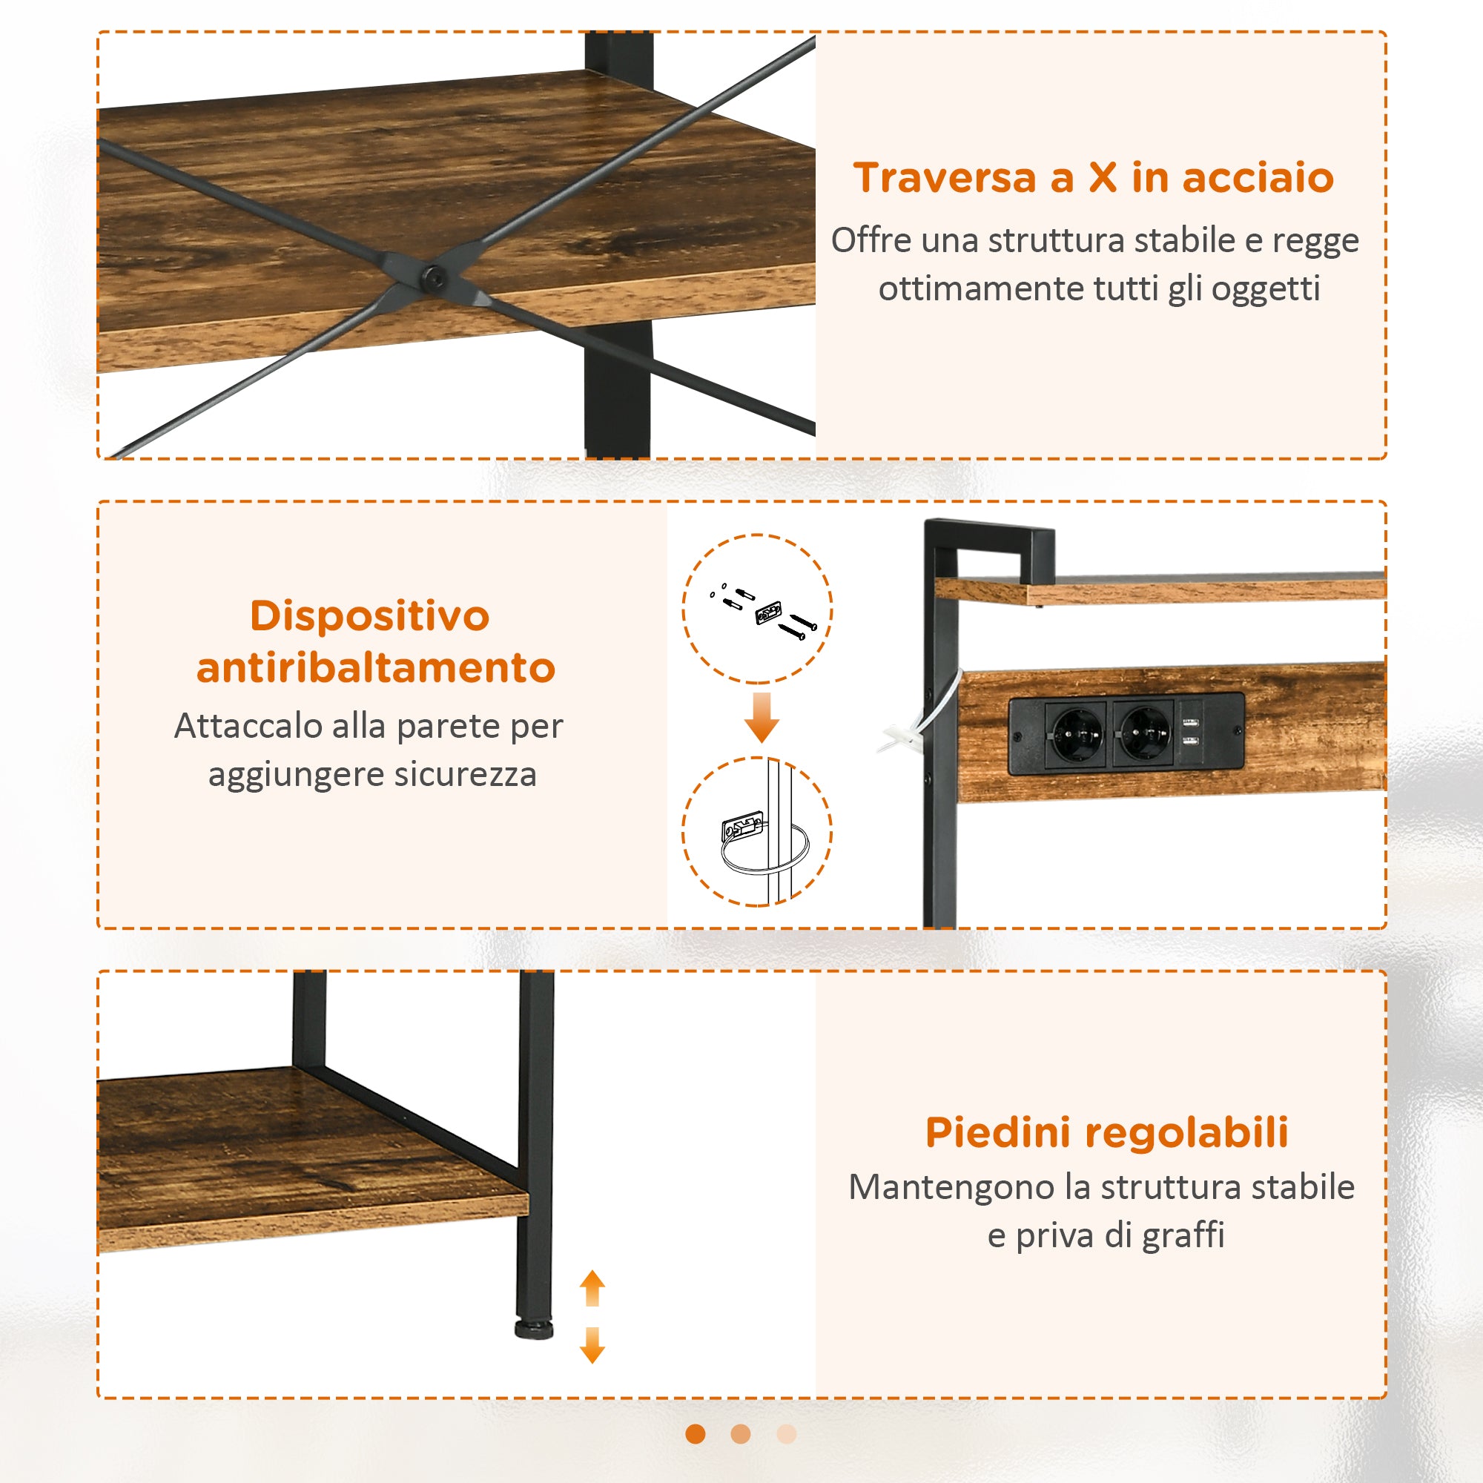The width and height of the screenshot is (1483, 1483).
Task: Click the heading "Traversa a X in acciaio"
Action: [x=1093, y=177]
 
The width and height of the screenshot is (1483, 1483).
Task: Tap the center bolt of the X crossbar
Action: [x=434, y=276]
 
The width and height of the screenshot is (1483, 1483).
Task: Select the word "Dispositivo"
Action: [x=369, y=615]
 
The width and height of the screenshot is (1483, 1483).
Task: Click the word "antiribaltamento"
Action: [x=375, y=668]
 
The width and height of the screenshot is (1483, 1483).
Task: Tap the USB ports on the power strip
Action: [x=1191, y=731]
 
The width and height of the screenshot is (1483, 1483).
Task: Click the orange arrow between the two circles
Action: [x=762, y=717]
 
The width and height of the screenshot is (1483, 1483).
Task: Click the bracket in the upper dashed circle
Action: [x=767, y=612]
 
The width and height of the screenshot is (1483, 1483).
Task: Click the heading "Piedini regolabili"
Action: [x=1107, y=1132]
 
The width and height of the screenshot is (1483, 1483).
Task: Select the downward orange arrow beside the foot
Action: [x=592, y=1345]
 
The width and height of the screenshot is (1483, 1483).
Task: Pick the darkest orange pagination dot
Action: [x=696, y=1434]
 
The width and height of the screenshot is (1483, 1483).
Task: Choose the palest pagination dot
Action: [x=787, y=1434]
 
